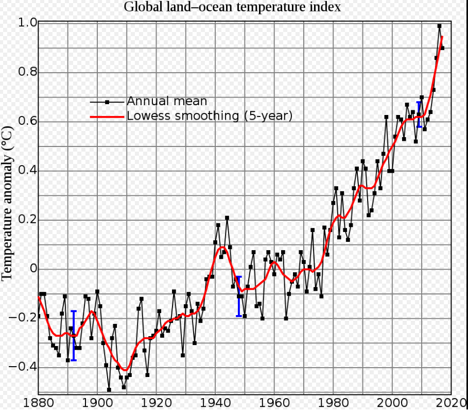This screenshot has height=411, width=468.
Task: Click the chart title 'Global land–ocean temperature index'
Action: pos(232,7)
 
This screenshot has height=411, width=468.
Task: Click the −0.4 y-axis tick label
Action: pos(24,367)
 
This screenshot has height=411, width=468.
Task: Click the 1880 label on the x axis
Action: pos(38,402)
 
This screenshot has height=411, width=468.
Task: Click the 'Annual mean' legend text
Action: pos(167,101)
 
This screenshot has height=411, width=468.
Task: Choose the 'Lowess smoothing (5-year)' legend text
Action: pos(210,116)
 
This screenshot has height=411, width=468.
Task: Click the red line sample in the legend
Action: pos(108,117)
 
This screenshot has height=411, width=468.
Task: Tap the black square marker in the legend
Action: pos(108,102)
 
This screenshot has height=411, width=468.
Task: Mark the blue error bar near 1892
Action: pos(74,335)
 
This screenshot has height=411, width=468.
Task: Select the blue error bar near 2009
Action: pos(419,114)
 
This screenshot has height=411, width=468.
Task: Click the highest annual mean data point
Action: pos(439,26)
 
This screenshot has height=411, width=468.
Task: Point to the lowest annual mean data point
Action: pos(109,390)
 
